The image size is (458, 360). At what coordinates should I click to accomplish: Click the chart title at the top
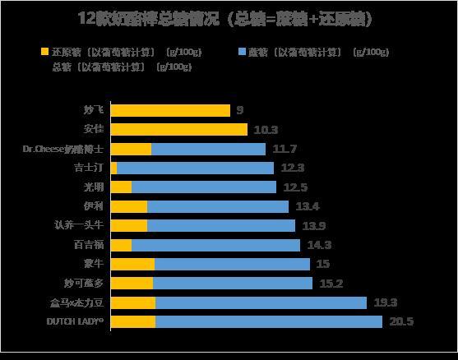(x=229, y=19)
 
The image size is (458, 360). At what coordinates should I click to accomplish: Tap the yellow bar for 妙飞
(x=170, y=110)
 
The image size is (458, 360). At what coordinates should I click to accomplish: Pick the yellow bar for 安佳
(x=178, y=129)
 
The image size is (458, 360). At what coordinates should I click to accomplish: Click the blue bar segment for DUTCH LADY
(x=269, y=321)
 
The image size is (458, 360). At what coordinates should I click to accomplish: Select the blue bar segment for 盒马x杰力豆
(x=261, y=302)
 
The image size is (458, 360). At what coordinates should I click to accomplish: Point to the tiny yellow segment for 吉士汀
(x=113, y=168)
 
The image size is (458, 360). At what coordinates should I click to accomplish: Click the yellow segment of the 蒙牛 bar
(x=132, y=264)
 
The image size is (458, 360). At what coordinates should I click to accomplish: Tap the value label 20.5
(x=401, y=321)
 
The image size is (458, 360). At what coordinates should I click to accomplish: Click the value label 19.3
(x=385, y=302)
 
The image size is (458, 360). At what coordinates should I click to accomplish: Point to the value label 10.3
(x=266, y=129)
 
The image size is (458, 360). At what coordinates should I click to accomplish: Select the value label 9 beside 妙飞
(x=240, y=110)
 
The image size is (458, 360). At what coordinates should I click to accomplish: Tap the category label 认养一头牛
(x=78, y=225)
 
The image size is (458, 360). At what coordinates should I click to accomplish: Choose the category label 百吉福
(x=89, y=245)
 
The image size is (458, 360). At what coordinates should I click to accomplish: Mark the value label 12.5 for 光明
(x=295, y=187)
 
